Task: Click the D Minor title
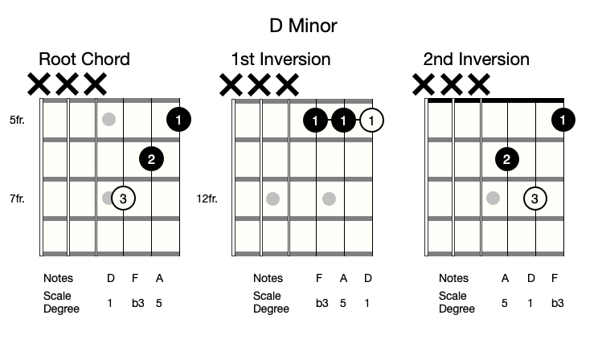coord(303,26)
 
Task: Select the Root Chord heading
coord(84,59)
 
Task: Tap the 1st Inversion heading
coord(281,59)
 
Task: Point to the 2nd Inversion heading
coord(477,59)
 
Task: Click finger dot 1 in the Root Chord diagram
coord(178,121)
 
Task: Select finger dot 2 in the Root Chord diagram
coord(151,159)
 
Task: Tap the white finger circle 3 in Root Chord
coord(123,198)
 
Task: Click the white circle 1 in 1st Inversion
coord(371,121)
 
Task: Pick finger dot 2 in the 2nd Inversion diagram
coord(506,159)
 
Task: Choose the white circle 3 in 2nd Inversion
coord(535,198)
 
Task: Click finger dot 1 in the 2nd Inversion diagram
coord(563,121)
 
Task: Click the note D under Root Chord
coord(111,279)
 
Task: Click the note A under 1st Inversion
coord(343,279)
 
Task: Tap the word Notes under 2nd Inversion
coord(453,279)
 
